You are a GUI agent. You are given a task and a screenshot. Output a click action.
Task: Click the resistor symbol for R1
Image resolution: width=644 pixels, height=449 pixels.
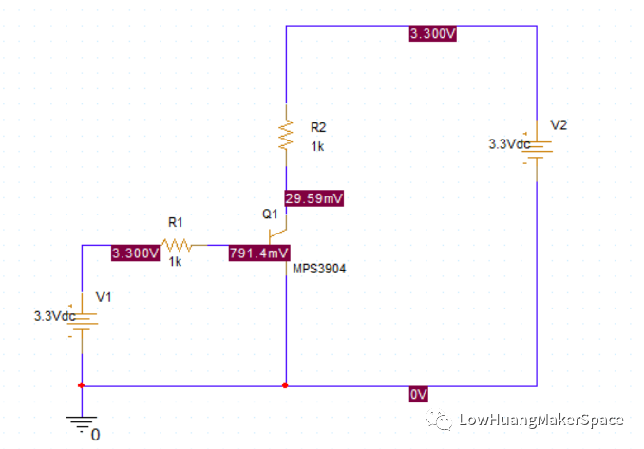pos(176,245)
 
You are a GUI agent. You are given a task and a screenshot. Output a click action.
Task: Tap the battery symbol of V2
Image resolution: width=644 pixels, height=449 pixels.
pos(538,149)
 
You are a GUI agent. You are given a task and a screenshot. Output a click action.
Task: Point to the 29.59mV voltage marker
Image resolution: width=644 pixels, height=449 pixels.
pos(313,198)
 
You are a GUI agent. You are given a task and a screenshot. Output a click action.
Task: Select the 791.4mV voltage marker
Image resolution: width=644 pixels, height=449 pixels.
pos(259,253)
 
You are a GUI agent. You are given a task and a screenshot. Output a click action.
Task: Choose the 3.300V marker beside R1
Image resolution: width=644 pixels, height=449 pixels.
pos(134,253)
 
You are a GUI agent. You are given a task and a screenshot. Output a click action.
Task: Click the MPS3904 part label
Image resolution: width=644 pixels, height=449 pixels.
pos(320,269)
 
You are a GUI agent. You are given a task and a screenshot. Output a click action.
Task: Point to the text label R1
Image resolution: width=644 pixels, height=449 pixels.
pos(175,221)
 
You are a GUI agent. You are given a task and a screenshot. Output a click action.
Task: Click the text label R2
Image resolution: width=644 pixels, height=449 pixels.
pos(318,126)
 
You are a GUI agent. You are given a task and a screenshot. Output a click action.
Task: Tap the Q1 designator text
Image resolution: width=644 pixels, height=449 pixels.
pos(270,214)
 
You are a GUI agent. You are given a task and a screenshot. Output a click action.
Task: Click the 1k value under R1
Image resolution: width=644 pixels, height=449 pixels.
pos(175,262)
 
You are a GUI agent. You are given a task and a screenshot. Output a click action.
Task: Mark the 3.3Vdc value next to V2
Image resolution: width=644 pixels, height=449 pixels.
pos(509,144)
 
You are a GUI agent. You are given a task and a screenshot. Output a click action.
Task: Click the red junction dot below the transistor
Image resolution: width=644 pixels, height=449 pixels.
pos(286,385)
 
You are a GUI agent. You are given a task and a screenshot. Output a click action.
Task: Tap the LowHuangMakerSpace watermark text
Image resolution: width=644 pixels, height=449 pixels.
pos(540,420)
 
